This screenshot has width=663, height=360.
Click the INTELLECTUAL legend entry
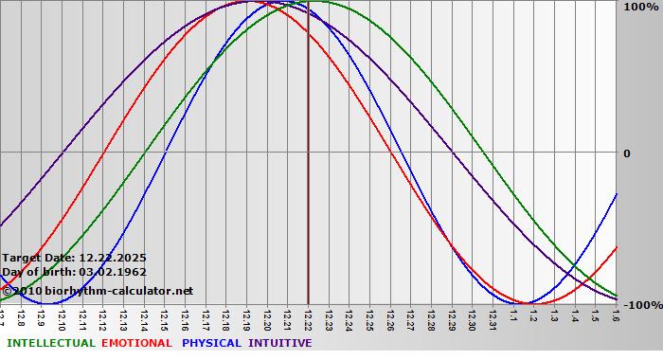tap(51, 343)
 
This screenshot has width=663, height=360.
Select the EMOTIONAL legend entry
tap(136, 343)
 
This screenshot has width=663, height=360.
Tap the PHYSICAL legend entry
tap(211, 343)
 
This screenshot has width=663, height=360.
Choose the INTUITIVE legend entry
tap(279, 343)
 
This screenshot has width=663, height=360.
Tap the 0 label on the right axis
tap(626, 153)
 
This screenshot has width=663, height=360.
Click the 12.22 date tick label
tap(308, 319)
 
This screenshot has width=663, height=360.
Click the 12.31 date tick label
tap(493, 319)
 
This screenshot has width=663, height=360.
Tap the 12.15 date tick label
tap(165, 319)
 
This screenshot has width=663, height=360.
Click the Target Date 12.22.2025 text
tap(74, 258)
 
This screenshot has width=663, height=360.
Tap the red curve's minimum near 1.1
tap(524, 304)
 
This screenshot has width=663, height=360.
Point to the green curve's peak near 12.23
tap(318, 2)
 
